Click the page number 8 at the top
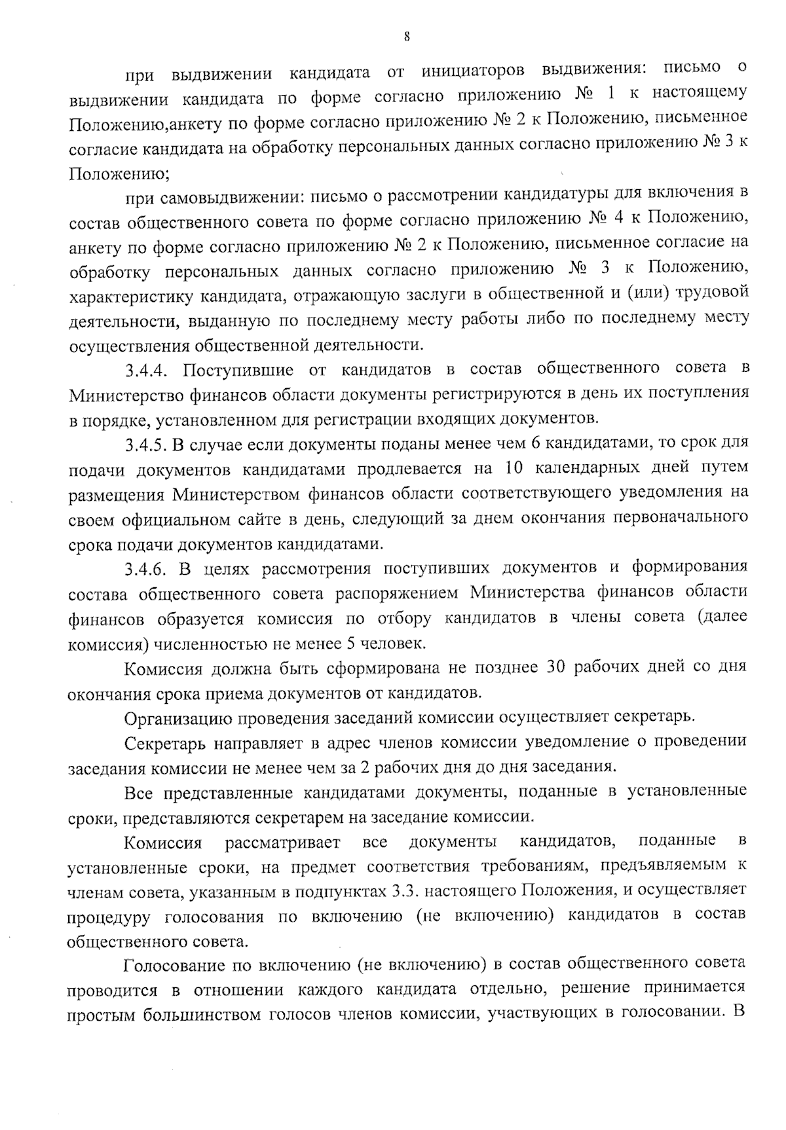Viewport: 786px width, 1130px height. (x=406, y=37)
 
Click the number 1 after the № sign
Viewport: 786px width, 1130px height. (x=610, y=94)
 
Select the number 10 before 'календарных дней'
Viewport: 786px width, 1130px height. (x=513, y=469)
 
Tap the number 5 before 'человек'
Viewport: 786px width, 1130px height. (x=351, y=643)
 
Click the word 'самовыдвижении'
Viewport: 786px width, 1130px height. (x=231, y=196)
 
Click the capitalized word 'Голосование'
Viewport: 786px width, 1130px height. (x=172, y=965)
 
